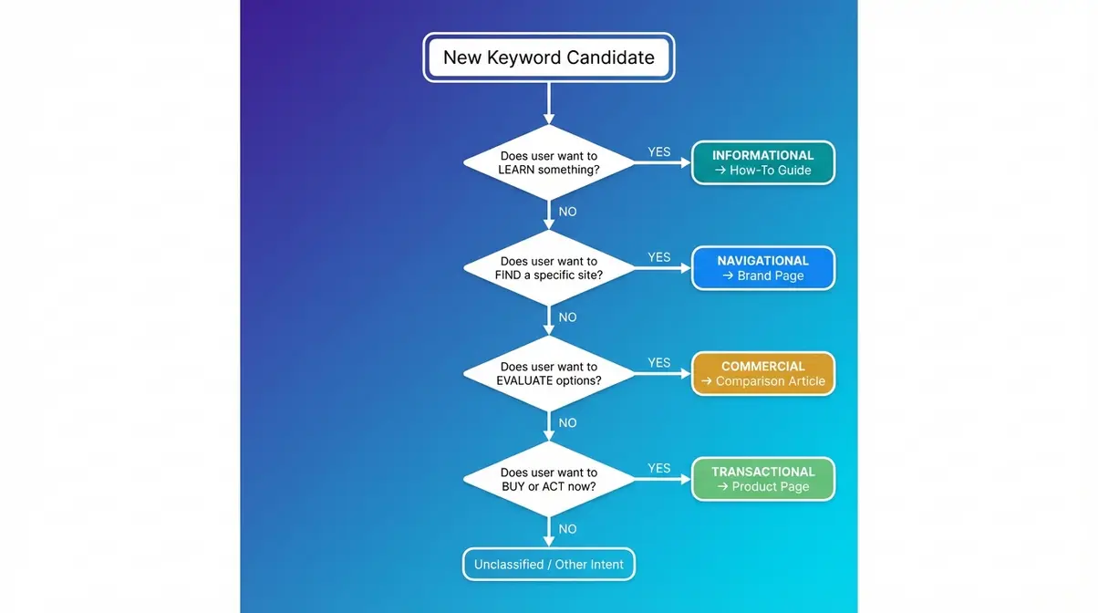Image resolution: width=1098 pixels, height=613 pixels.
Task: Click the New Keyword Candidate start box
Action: [x=548, y=57]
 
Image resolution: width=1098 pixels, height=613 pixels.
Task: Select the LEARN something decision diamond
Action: [x=548, y=163]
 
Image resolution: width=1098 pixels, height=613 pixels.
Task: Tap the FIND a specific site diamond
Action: [x=548, y=268]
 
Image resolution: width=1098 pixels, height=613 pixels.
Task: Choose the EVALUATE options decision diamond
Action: [x=548, y=374]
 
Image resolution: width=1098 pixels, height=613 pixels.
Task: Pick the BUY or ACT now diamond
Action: [x=548, y=480]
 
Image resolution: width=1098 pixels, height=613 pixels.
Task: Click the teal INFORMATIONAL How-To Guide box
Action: [x=762, y=163]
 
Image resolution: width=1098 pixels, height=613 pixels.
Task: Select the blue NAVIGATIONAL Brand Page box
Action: [x=762, y=268]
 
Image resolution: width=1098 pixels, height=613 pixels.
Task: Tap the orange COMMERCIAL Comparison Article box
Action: [x=762, y=374]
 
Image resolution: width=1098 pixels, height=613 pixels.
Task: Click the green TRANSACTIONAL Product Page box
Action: [x=762, y=480]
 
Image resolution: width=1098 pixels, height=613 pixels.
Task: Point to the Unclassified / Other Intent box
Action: [x=548, y=565]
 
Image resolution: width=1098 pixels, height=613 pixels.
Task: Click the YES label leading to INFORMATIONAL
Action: [x=658, y=152]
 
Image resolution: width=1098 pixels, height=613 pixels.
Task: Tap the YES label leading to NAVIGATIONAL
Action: [x=658, y=257]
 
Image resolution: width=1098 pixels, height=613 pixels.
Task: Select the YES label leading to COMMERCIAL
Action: [x=658, y=363]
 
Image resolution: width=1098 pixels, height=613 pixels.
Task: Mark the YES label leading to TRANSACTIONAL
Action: [x=658, y=469]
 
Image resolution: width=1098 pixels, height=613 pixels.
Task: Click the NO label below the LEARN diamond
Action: [x=567, y=212]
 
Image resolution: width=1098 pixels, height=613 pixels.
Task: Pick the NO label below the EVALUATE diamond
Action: [x=567, y=423]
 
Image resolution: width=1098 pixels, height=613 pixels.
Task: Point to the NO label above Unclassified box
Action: [x=567, y=529]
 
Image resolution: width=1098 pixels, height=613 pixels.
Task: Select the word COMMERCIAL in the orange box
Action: [x=762, y=367]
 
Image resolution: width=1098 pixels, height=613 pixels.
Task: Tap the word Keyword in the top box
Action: [x=523, y=57]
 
